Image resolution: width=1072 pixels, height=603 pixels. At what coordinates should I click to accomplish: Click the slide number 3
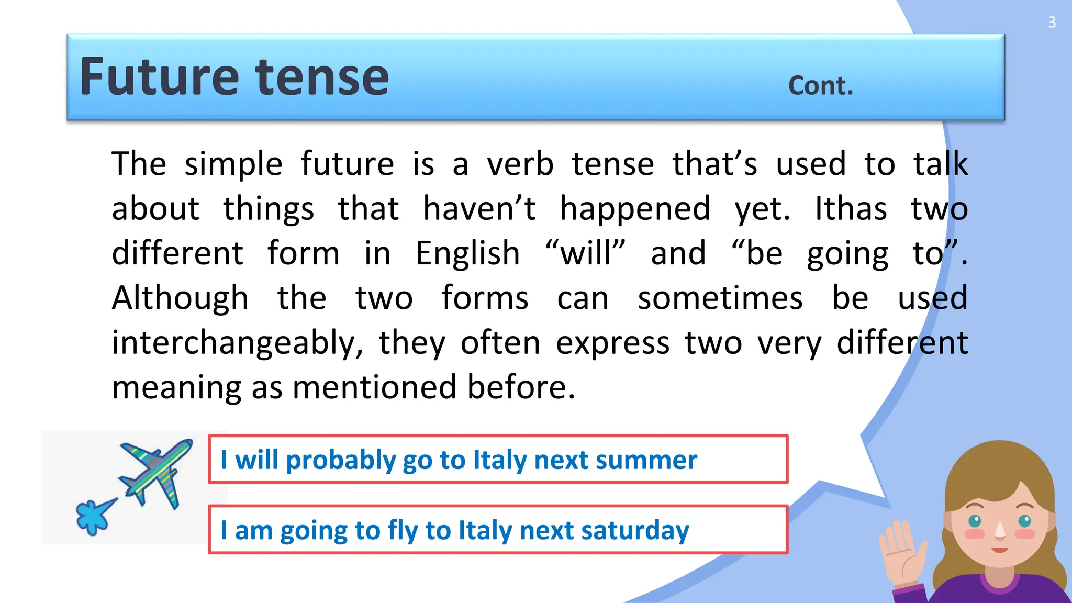1052,23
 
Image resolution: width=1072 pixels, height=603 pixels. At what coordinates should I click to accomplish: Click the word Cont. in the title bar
820,86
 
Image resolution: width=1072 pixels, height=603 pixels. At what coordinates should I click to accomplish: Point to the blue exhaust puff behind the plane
95,516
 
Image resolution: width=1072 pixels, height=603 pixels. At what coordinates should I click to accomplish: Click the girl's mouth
999,550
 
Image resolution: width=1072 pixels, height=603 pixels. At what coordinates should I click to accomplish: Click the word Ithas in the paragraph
851,209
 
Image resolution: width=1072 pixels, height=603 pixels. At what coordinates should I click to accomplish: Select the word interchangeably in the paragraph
237,343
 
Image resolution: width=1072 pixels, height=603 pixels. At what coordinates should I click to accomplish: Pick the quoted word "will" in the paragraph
585,253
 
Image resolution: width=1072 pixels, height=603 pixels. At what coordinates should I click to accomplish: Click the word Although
180,298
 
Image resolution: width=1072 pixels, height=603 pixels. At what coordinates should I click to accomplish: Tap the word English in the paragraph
467,254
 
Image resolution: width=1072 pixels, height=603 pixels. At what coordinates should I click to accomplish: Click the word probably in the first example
341,461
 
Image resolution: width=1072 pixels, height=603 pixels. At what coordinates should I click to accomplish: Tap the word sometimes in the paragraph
720,298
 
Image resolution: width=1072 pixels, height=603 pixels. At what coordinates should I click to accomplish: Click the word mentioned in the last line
375,387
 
